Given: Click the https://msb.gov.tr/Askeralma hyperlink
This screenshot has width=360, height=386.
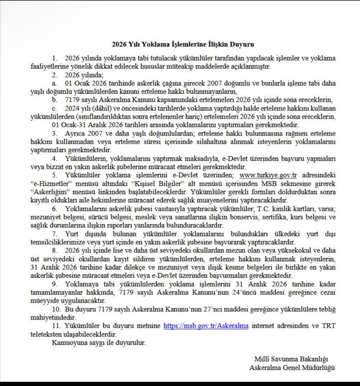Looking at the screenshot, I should (x=206, y=326).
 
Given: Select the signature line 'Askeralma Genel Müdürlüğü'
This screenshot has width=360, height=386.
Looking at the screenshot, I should (x=292, y=367).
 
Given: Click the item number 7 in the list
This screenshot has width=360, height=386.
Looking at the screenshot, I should (x=54, y=234).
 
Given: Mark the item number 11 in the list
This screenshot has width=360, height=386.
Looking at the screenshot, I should (x=56, y=326).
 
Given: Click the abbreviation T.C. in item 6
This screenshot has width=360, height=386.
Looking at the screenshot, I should (x=265, y=209).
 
